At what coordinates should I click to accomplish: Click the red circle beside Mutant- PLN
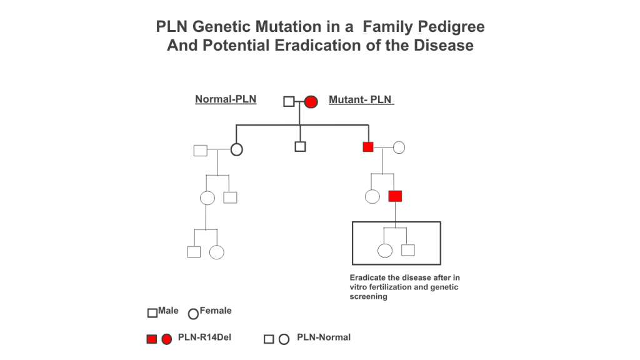coord(311,102)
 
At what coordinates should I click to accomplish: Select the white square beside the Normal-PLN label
coord(289,101)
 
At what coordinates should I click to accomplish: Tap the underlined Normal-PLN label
coord(226,99)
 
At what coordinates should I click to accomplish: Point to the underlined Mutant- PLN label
coord(361,99)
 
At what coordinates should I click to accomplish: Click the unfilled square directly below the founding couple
coord(300,146)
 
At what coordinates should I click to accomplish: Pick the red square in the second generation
coord(368,147)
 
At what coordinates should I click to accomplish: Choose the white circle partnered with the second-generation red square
coord(399,147)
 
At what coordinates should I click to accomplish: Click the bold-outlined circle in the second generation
coord(237,150)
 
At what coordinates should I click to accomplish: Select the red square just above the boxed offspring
coord(395,196)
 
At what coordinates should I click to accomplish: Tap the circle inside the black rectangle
coord(385,251)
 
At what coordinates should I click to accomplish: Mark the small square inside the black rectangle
coord(408,250)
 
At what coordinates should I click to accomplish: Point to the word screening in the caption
coord(369,297)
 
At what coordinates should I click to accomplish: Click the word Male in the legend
coord(168,311)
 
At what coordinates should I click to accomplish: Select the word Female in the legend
coord(216,311)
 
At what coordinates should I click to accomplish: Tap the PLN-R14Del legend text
coord(204,337)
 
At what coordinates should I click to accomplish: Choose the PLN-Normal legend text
coord(324,337)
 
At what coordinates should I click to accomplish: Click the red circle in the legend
coord(166,339)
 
